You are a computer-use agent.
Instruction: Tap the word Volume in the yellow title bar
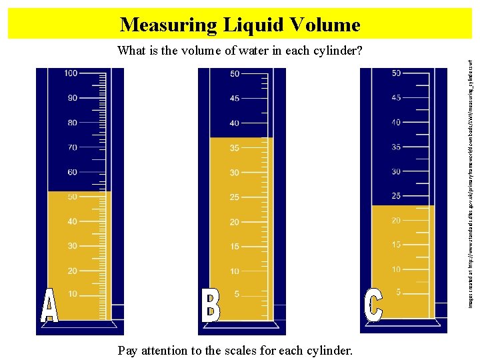point(325,25)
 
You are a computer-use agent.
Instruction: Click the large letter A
point(49,306)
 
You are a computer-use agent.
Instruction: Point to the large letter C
point(373,305)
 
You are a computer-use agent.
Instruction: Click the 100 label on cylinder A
point(70,73)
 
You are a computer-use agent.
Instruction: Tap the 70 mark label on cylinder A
point(71,147)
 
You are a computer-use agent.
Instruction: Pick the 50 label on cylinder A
point(71,197)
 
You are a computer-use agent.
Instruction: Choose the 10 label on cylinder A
point(71,294)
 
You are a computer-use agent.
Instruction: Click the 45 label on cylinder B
point(234,99)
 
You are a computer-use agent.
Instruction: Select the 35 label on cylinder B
point(234,148)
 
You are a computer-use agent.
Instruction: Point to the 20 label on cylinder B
point(234,222)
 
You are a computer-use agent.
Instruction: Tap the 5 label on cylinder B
point(236,294)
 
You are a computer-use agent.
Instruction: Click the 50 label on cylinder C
point(396,73)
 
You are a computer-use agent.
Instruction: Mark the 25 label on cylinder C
point(396,196)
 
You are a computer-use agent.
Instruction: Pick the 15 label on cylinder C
point(396,245)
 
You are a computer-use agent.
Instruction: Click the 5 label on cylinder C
point(398,292)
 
